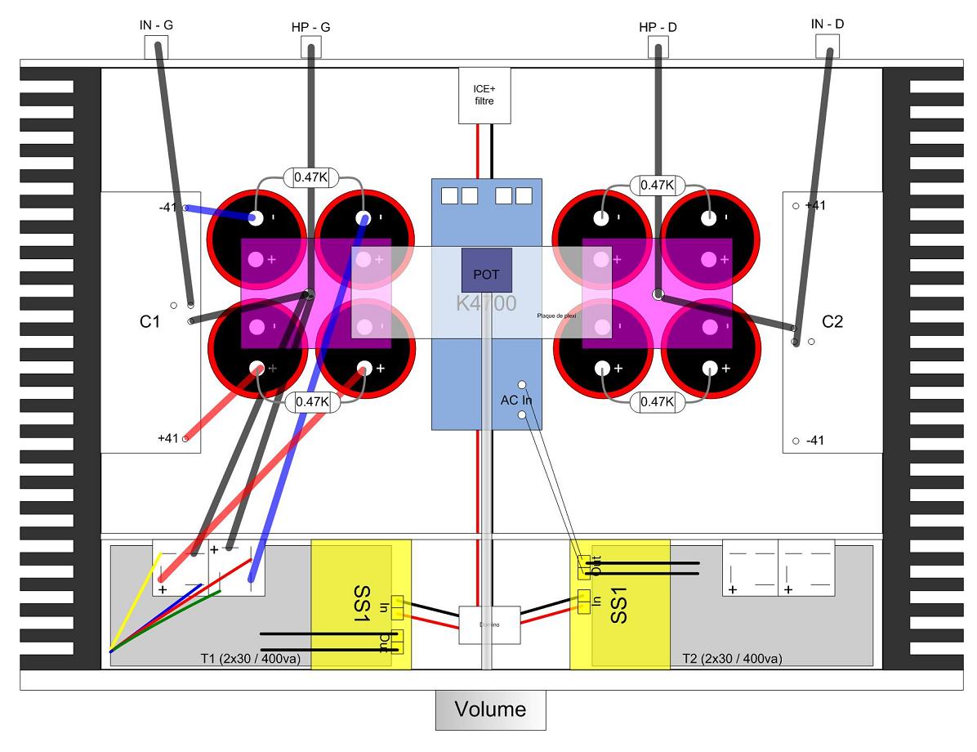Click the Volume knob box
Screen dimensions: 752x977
click(x=490, y=709)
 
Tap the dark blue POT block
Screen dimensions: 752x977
click(x=486, y=271)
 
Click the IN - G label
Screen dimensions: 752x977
click(x=156, y=25)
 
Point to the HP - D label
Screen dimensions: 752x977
click(x=658, y=28)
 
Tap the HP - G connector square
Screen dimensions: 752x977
click(x=310, y=48)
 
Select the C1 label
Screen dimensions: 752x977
click(x=149, y=322)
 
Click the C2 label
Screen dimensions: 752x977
click(x=832, y=322)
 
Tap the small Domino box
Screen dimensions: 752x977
click(x=489, y=625)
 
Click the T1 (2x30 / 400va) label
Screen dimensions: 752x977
click(x=249, y=659)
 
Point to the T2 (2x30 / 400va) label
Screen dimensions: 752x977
click(x=731, y=659)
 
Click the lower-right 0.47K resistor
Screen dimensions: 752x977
click(x=658, y=401)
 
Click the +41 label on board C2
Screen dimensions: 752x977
click(x=814, y=206)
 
